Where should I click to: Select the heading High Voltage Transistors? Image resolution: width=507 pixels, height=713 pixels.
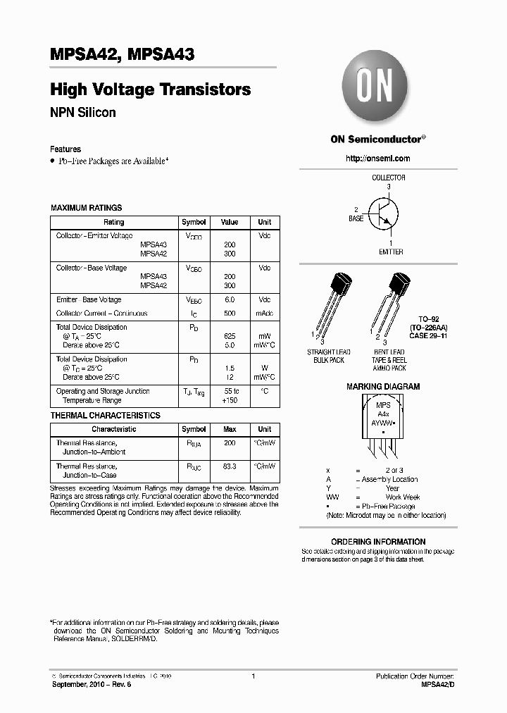click(150, 89)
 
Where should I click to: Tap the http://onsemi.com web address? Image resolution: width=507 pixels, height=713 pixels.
click(377, 159)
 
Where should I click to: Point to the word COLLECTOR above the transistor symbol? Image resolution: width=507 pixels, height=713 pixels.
click(388, 178)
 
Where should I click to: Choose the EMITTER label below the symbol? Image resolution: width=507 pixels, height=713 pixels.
click(391, 252)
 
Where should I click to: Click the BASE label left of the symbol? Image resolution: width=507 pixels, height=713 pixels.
click(356, 219)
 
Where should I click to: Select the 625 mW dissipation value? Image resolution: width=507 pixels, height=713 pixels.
click(230, 337)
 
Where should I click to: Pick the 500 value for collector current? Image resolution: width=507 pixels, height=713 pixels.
click(230, 313)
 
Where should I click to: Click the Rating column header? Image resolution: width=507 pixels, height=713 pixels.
click(113, 222)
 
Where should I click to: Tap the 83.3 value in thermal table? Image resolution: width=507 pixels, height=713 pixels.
click(230, 466)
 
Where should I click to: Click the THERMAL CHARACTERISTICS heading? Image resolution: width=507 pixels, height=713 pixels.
click(105, 416)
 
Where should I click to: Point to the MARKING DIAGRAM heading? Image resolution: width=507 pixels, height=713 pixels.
click(383, 387)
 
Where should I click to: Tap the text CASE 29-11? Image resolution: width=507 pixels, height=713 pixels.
click(429, 336)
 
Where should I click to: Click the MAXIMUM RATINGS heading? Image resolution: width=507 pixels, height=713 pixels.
click(86, 208)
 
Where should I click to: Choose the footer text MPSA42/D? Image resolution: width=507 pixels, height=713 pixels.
click(437, 684)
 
